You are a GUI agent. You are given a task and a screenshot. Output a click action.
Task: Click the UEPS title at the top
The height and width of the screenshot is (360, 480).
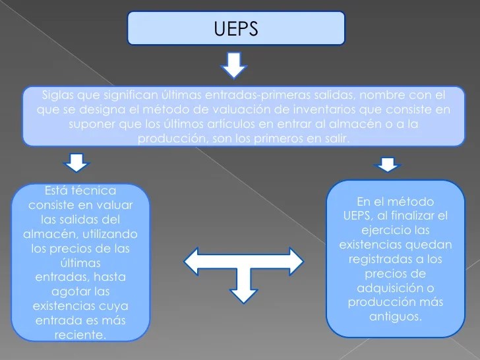[x=236, y=28]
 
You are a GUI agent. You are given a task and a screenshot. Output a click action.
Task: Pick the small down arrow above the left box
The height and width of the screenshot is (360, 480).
[x=77, y=160]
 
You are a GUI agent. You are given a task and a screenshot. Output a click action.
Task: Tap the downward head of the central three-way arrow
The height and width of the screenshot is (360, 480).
[x=242, y=291]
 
